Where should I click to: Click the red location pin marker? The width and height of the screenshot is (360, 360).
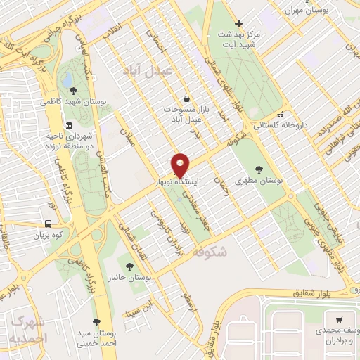[x=181, y=164]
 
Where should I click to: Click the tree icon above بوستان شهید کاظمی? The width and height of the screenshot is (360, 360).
[x=73, y=90]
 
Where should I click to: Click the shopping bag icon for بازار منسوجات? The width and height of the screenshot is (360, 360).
[x=186, y=98]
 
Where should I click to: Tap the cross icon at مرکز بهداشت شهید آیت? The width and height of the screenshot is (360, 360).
[x=238, y=23]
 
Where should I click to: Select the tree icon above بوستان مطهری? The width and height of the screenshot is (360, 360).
[x=258, y=169]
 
